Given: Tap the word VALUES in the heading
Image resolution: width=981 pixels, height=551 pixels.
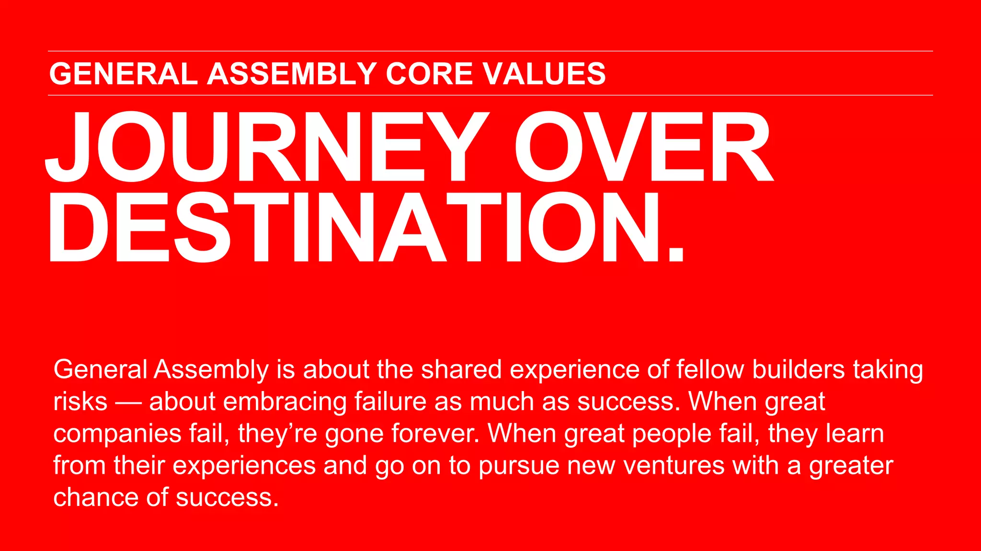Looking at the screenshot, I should click(544, 74).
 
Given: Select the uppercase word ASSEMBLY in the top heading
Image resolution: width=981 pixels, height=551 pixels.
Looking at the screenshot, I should click(292, 74).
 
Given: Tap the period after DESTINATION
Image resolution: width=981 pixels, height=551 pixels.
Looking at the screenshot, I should click(675, 252).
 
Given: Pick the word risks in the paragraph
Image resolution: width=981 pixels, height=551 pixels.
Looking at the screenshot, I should click(80, 402).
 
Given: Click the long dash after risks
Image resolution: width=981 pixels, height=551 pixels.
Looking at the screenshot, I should click(128, 402).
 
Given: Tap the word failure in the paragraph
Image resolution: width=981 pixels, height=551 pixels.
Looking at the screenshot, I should click(390, 402).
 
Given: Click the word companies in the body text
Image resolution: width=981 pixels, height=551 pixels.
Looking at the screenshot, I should click(117, 434).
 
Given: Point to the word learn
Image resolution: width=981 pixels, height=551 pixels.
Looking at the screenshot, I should click(855, 433).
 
